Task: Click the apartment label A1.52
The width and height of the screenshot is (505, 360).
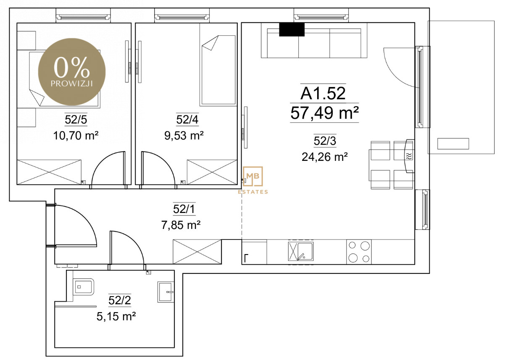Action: coord(323,93)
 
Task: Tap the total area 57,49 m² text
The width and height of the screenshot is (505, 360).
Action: coord(324,113)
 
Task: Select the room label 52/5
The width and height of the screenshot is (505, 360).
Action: coord(76,119)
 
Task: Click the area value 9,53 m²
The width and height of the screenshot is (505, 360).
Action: coord(184,136)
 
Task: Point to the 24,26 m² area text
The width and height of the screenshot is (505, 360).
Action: coord(325,157)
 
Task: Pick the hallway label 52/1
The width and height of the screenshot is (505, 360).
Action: coord(184,209)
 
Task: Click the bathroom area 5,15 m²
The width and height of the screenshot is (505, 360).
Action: coord(116,316)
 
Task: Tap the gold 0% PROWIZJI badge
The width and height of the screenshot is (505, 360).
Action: coord(72,72)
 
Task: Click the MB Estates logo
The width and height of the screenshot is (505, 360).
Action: coord(253,180)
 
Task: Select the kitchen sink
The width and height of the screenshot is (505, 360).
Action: coord(301,251)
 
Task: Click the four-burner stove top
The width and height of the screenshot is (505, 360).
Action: coord(359,252)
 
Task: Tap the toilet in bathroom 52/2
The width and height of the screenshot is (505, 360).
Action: coord(84,287)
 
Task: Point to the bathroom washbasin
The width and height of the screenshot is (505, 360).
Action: coord(166,292)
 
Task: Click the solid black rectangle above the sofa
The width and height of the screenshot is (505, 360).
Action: coord(292,29)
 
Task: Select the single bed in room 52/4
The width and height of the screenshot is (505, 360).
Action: coord(218,70)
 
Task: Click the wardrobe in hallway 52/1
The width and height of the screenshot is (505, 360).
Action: coord(197,252)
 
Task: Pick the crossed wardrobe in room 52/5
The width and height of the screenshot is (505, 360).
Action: coord(49,172)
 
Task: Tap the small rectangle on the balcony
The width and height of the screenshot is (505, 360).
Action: coord(453,144)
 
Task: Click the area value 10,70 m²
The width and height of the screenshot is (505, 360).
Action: coord(76,136)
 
